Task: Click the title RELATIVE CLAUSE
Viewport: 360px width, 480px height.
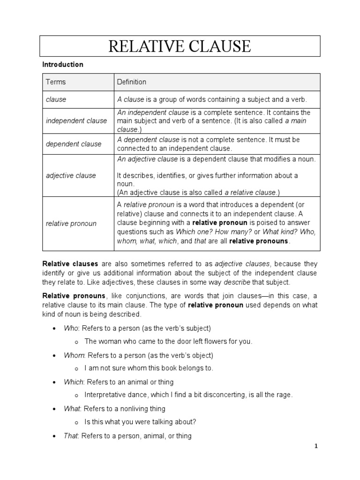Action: (180, 46)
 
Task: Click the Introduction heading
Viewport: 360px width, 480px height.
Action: (63, 65)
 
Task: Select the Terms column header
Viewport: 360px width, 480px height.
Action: (56, 82)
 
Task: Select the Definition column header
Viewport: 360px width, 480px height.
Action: (131, 82)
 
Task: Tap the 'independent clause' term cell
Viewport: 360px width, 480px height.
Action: (76, 121)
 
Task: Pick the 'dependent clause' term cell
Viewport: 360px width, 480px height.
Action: (74, 144)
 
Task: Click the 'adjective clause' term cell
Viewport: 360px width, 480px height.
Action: (71, 176)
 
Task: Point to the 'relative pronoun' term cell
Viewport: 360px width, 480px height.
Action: (71, 224)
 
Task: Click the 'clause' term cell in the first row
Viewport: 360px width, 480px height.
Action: (56, 99)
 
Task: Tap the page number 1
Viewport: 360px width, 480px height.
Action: (316, 446)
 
